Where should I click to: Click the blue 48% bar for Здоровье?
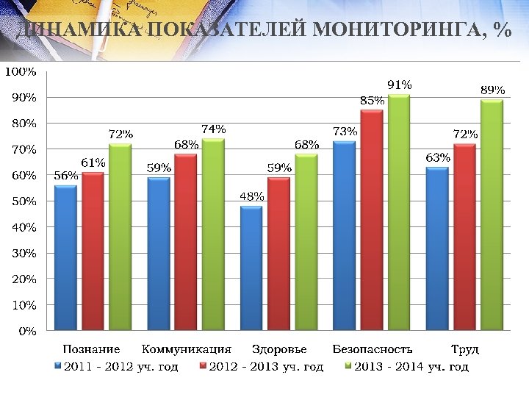251,268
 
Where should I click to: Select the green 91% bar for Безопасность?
398,213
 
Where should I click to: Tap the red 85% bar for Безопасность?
372,221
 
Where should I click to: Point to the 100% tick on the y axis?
21,71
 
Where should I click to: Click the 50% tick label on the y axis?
23,201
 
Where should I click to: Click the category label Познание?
91,349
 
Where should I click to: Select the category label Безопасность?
373,349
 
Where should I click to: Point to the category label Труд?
464,349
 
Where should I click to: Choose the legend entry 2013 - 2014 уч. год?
411,366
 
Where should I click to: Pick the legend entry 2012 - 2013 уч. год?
266,366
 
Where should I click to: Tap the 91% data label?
400,85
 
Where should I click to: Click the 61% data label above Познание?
93,162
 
